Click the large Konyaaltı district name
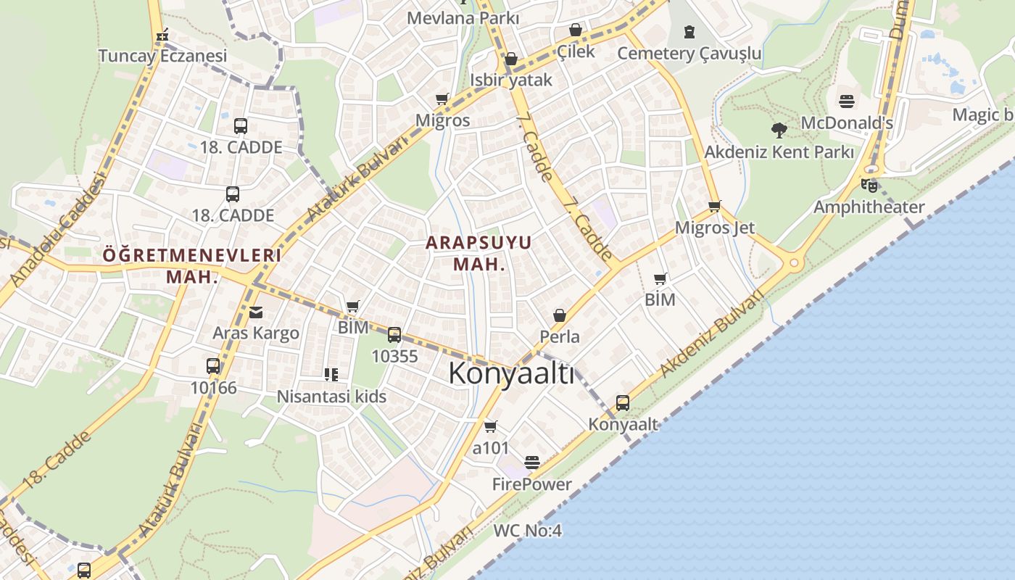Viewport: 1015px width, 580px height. [511, 373]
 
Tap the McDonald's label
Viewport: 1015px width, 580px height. [846, 123]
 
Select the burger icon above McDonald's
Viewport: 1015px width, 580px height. [847, 101]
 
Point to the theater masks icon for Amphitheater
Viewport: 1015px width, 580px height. [869, 185]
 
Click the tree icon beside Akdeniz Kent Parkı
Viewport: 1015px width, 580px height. [779, 130]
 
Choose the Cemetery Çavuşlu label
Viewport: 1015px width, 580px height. [689, 53]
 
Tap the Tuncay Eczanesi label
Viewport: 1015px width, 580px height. [162, 55]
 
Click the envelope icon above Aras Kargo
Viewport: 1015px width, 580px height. [256, 312]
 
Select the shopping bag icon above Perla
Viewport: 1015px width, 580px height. [560, 315]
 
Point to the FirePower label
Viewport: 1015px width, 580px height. [532, 484]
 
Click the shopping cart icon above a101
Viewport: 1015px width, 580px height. [491, 426]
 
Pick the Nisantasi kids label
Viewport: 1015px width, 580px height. [331, 397]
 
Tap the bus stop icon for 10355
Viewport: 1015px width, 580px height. [394, 335]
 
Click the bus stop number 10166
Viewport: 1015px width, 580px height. [213, 387]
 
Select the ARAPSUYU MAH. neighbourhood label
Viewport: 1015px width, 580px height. [478, 253]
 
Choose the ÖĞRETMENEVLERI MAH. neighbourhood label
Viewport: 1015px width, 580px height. [191, 265]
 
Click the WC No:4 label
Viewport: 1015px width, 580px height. [527, 530]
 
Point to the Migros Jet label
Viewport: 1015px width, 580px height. [714, 227]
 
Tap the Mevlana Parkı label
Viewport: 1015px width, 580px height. [463, 17]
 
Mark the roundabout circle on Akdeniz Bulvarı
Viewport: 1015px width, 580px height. [794, 262]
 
